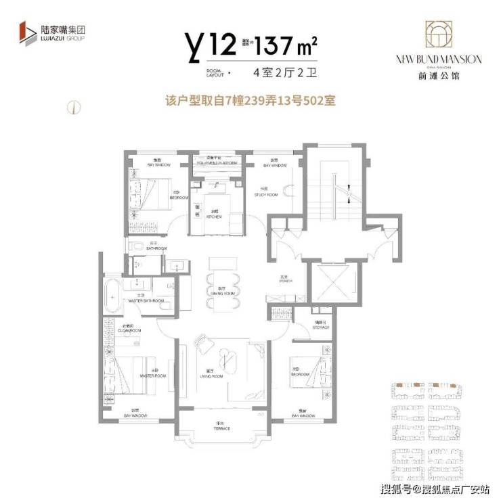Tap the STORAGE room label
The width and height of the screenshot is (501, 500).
pyautogui.click(x=322, y=327)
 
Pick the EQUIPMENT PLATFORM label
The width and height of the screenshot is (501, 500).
pyautogui.click(x=217, y=163)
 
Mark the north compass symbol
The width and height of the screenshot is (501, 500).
pyautogui.click(x=70, y=106)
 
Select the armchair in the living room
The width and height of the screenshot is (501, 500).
pyautogui.click(x=202, y=344)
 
